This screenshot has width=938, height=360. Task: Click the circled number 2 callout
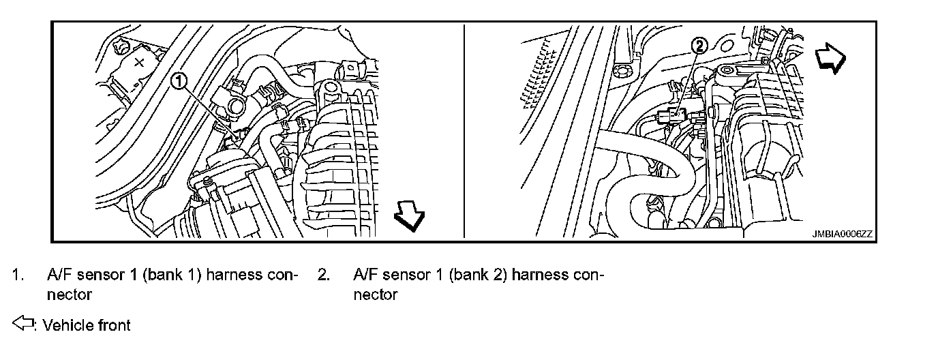(700, 46)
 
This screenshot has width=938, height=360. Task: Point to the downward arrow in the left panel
(410, 220)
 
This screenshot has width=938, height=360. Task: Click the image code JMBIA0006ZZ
(842, 234)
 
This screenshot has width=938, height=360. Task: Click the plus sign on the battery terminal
(139, 62)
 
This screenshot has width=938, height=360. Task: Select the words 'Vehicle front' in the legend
(87, 325)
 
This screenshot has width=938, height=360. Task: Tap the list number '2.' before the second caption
(324, 275)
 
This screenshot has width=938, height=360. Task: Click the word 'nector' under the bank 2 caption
(375, 295)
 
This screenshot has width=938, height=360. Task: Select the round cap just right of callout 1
(236, 106)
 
